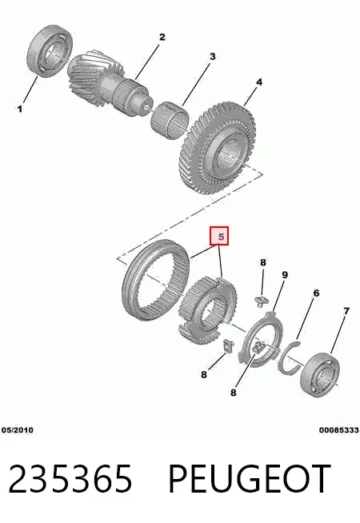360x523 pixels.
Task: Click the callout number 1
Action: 20,109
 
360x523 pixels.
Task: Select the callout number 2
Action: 162,37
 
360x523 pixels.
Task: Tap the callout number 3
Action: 213,57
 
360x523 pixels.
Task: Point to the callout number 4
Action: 259,82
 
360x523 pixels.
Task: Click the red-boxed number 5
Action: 219,237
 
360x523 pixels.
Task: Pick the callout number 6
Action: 316,293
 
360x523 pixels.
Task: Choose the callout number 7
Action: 346,311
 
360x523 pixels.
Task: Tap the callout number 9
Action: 284,275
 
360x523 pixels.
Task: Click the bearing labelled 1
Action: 50,53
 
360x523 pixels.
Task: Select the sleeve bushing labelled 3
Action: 170,119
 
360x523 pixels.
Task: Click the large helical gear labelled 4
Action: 219,149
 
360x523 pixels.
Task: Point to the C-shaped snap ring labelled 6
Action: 289,358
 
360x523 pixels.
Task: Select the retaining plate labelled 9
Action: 262,339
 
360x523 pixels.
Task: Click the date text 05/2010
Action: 18,430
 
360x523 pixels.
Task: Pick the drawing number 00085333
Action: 338,430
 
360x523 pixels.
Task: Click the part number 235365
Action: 70,479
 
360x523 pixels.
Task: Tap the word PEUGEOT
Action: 250,479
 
